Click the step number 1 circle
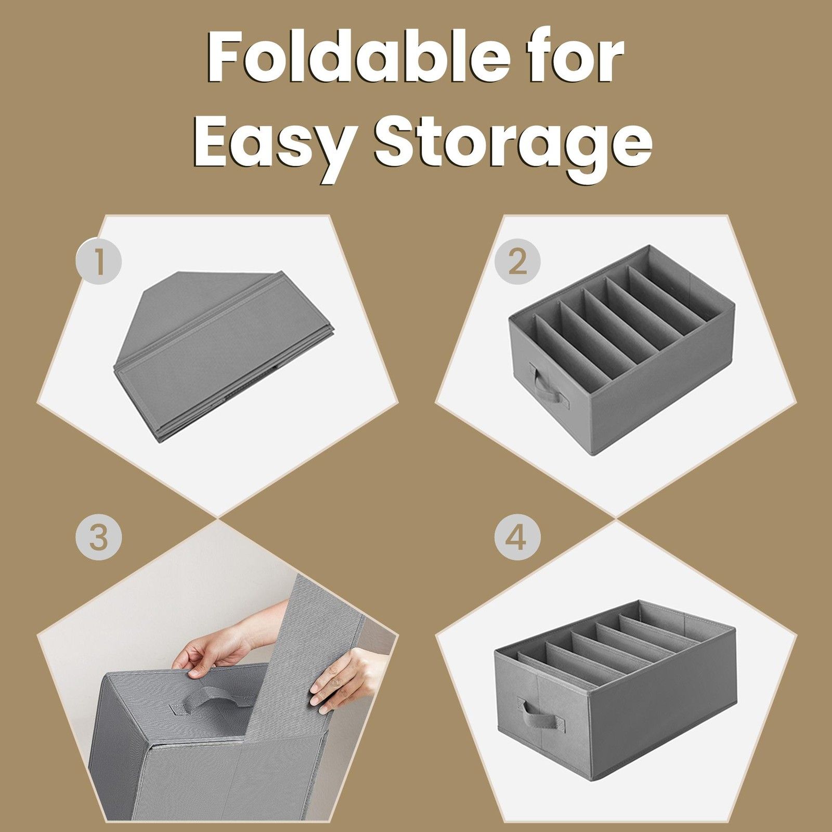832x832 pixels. click(99, 261)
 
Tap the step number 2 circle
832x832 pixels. click(517, 261)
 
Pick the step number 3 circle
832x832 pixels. click(99, 537)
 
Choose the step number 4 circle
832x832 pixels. click(517, 537)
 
